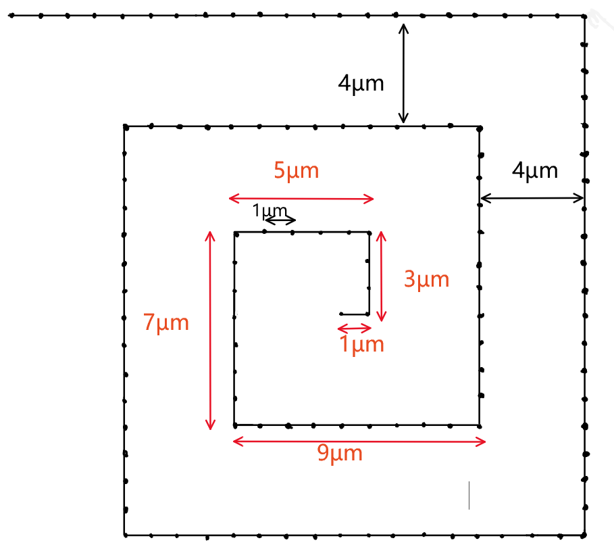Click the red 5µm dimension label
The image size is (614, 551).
click(x=296, y=170)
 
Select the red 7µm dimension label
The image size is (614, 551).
click(x=166, y=323)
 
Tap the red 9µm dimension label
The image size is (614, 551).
click(x=340, y=454)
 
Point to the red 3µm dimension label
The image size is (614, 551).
click(x=426, y=279)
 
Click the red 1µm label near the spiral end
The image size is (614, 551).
click(x=361, y=345)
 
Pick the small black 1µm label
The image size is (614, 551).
click(x=270, y=211)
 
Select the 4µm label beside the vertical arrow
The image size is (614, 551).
click(x=361, y=84)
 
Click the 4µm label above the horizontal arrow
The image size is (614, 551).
click(x=535, y=170)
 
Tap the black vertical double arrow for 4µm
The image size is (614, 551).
click(x=403, y=74)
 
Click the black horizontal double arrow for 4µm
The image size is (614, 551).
click(x=532, y=198)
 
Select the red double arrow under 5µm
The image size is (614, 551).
click(x=301, y=199)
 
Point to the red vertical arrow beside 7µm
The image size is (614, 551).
click(x=210, y=331)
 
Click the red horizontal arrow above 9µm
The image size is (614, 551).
click(x=359, y=442)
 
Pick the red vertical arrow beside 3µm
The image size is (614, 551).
click(x=381, y=276)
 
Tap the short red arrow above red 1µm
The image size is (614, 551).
click(x=355, y=329)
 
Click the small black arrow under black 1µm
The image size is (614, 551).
click(x=280, y=220)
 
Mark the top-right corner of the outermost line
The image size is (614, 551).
click(x=584, y=15)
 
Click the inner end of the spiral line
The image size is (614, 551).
click(x=341, y=314)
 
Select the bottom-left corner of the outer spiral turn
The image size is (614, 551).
click(x=125, y=535)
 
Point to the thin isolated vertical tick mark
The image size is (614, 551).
click(x=469, y=495)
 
